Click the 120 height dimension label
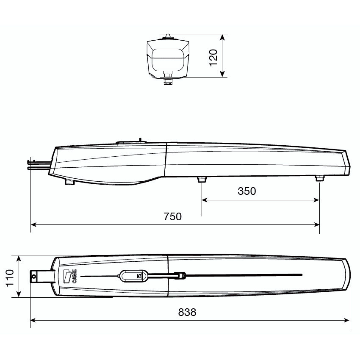tap(213, 58)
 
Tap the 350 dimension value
tap(247, 191)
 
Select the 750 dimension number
tap(172, 216)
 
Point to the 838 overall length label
tap(187, 312)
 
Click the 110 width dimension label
tap(10, 278)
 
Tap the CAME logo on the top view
tap(70, 276)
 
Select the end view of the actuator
tap(168, 59)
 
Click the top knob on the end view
tap(168, 36)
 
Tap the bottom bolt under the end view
tap(168, 81)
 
